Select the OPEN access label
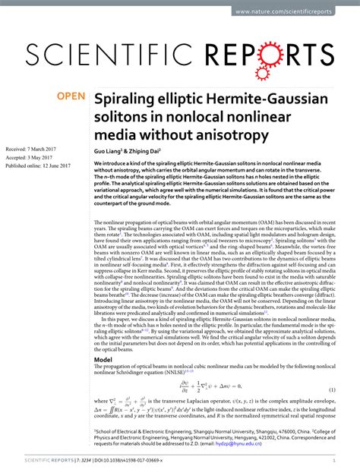point(71,96)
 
